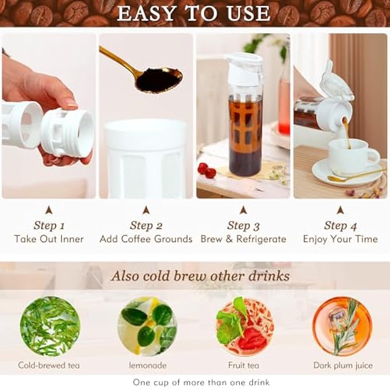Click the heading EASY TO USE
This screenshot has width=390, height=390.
[194, 13]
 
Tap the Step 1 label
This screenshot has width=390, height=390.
[49, 225]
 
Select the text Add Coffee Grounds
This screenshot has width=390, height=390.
[146, 239]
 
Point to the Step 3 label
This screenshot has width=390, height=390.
[243, 225]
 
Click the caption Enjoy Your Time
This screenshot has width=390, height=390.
[340, 239]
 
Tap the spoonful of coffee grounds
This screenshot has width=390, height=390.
[159, 80]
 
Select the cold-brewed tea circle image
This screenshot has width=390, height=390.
[49, 326]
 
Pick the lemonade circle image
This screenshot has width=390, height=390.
[147, 326]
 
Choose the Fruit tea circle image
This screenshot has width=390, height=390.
[244, 326]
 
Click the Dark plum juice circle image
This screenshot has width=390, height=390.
[342, 326]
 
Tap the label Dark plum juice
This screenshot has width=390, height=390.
[343, 365]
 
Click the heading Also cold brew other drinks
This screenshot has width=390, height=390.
[200, 276]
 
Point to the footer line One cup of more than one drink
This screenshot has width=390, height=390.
[201, 382]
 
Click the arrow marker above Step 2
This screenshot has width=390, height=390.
[146, 210]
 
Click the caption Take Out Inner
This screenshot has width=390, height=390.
[49, 239]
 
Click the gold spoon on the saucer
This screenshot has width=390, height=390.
[357, 175]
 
